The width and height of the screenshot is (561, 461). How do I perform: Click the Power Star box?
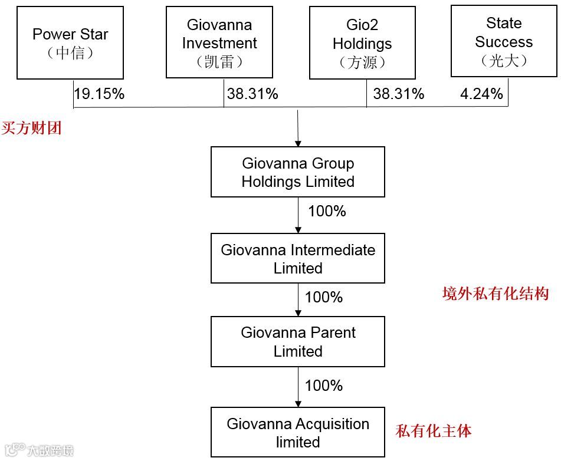tap(70, 42)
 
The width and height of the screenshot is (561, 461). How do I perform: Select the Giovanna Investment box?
tap(219, 42)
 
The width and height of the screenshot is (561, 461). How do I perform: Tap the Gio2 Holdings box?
tap(362, 42)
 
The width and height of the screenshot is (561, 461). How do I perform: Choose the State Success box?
tap(504, 41)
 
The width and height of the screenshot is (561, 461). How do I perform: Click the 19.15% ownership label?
tap(99, 94)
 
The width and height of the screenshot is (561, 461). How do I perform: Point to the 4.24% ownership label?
tap(481, 94)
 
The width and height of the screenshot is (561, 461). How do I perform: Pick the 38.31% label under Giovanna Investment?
tap(252, 94)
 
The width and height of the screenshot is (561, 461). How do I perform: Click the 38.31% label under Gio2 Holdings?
tap(399, 94)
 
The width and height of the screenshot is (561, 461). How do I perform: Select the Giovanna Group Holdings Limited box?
tap(298, 172)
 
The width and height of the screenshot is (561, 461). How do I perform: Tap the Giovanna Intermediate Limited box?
tap(298, 258)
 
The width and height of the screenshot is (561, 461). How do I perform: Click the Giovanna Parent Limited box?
tap(298, 341)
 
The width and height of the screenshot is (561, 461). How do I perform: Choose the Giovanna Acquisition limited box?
tap(298, 432)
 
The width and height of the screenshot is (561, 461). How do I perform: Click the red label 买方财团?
tap(31, 128)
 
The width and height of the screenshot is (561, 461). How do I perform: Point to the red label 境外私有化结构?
tap(496, 294)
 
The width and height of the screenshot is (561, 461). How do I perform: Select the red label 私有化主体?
tap(434, 431)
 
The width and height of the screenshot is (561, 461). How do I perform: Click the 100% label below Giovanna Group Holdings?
tap(327, 211)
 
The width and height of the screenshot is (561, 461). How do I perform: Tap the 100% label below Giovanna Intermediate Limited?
tap(324, 297)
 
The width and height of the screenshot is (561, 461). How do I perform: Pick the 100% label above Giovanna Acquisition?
tap(324, 386)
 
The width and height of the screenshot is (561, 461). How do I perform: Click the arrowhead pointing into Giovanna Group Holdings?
tap(298, 143)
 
